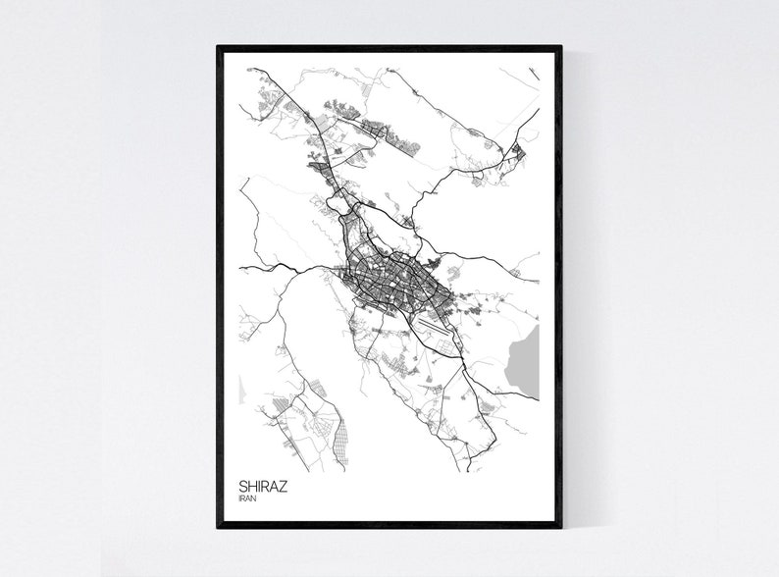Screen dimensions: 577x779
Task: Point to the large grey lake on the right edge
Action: coord(526,359)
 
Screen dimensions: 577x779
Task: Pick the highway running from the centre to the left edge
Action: coord(285,268)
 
